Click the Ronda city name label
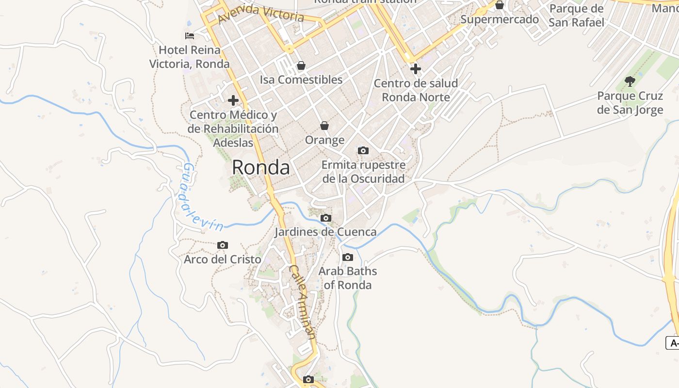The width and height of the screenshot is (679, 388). (261, 167)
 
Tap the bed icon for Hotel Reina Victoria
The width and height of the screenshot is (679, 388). (190, 36)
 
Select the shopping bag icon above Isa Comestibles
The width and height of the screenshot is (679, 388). (301, 65)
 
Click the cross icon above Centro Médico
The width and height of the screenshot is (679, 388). (233, 100)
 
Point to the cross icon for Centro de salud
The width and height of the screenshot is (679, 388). (416, 69)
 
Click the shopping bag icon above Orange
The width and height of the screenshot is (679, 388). (324, 126)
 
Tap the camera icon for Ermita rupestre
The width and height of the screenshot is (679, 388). (363, 151)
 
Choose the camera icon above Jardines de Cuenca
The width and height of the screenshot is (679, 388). (326, 218)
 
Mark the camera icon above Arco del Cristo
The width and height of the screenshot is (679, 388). (223, 245)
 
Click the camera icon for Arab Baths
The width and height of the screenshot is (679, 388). (348, 258)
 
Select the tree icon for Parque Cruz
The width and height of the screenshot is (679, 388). (630, 81)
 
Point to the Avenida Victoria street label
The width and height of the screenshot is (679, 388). (261, 15)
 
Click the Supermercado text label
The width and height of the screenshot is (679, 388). (500, 19)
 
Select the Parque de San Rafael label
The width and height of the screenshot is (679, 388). (577, 16)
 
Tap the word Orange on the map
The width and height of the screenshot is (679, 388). (324, 140)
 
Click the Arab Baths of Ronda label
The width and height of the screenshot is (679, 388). (347, 278)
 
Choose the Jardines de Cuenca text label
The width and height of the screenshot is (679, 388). (325, 232)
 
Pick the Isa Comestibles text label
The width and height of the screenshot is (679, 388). (301, 80)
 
